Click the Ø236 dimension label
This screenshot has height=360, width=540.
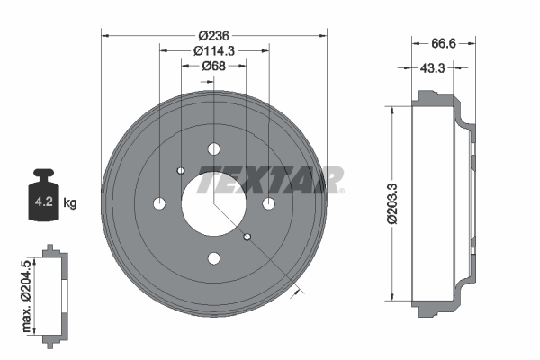(214, 35)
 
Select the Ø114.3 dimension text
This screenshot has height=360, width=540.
(214, 51)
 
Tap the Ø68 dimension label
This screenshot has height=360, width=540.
(214, 66)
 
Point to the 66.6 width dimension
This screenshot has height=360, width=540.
(444, 44)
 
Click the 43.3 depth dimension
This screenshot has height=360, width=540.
(433, 68)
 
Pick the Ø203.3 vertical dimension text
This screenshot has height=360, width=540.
(391, 203)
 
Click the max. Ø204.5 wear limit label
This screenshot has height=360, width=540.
(26, 296)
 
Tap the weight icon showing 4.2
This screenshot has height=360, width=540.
(43, 194)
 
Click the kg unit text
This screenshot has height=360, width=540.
(70, 202)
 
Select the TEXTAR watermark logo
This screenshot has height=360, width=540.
(270, 180)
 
